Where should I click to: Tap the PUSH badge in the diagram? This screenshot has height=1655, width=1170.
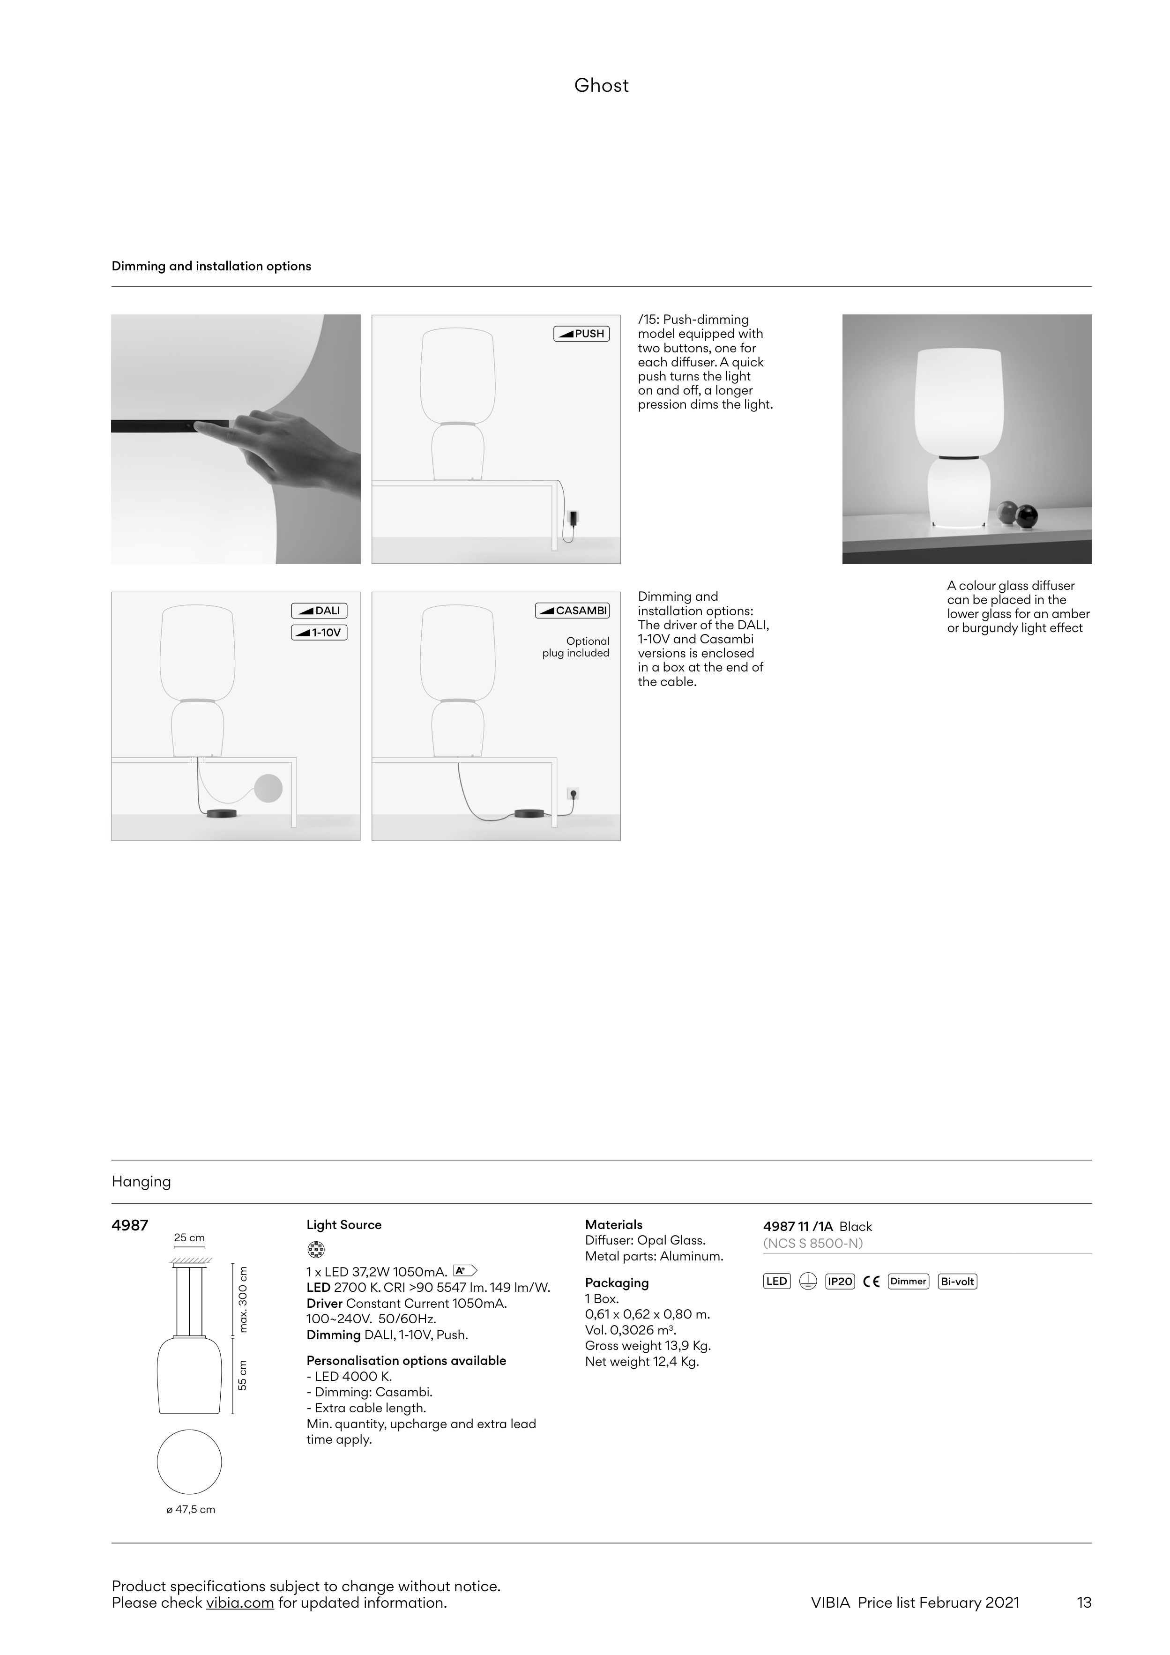(581, 334)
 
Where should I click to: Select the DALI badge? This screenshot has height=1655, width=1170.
(320, 611)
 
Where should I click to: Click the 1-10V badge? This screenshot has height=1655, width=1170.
(320, 633)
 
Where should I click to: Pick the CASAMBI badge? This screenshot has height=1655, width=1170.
(573, 611)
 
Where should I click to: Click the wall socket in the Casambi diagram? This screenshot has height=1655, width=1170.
(573, 794)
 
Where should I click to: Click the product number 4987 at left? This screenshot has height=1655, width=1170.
(130, 1225)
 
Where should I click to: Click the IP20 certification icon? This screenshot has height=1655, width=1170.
(840, 1282)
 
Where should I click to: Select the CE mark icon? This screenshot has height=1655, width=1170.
(871, 1282)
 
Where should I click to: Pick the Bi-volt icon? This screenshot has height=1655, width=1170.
(957, 1282)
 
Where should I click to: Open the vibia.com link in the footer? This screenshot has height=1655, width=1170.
(239, 1603)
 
